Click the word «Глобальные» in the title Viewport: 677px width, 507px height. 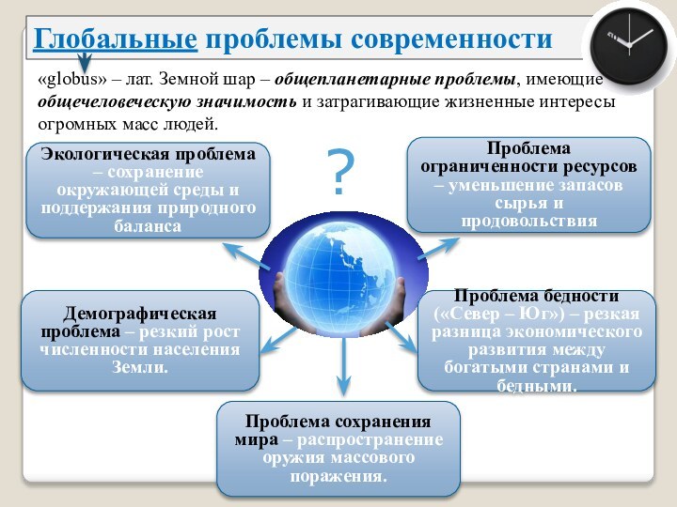[x=116, y=38]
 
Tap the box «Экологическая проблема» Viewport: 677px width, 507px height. [x=149, y=190]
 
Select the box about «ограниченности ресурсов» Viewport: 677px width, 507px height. [x=528, y=185]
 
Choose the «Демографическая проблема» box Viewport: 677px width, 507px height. [x=140, y=340]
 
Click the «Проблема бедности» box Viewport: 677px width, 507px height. [x=537, y=340]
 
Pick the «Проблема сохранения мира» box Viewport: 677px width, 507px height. [x=338, y=449]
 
